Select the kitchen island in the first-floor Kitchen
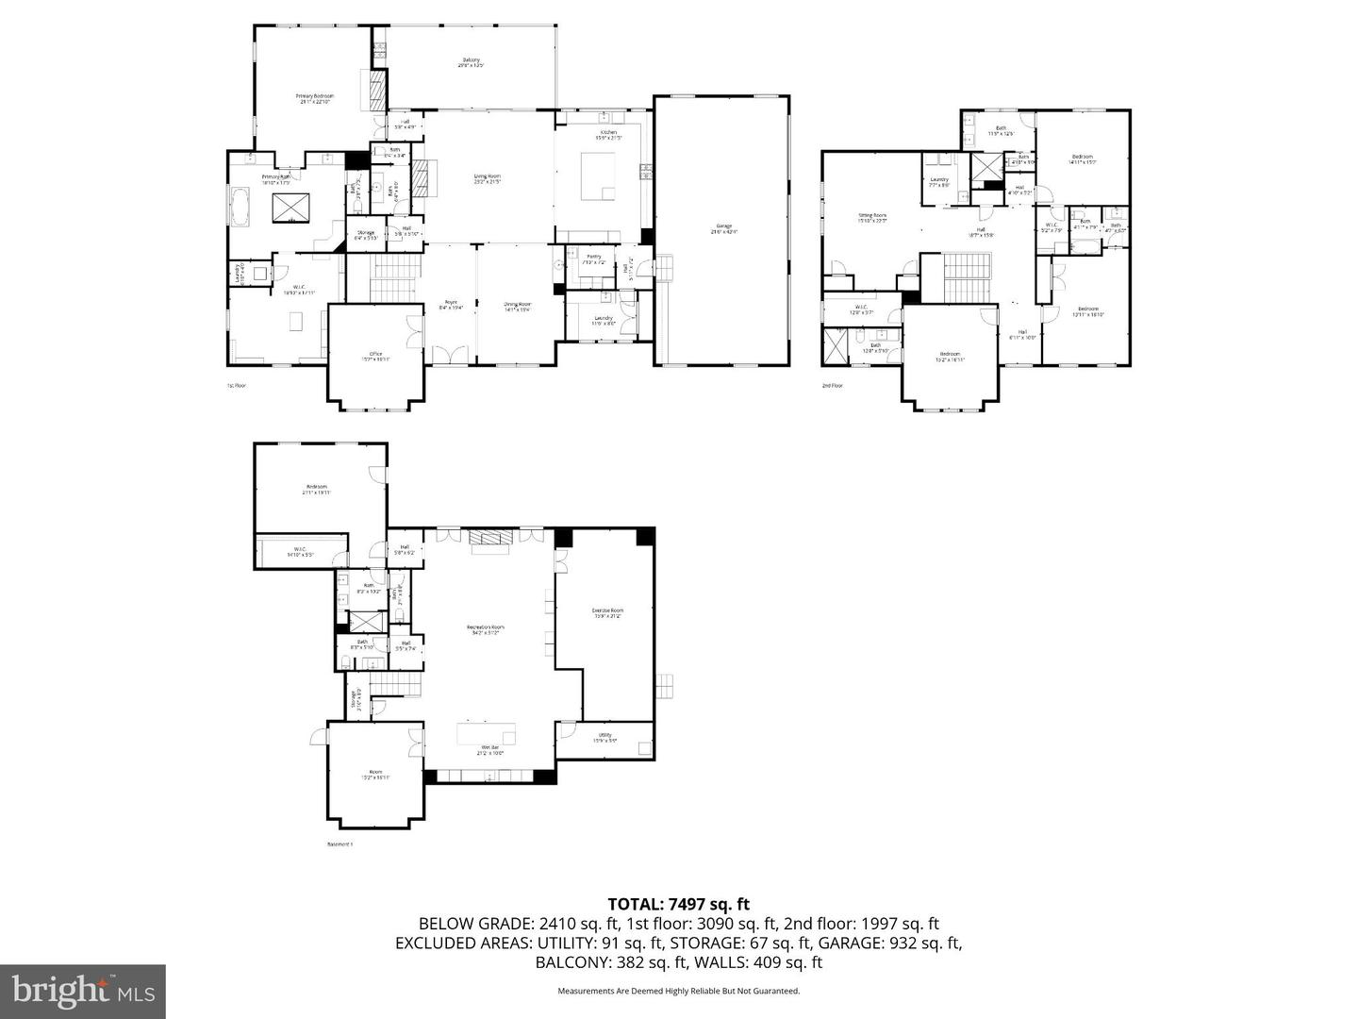597,177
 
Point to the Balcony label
470,62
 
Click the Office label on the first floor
375,356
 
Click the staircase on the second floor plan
964,277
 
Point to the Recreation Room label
486,629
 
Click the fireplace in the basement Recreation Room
489,538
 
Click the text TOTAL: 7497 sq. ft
678,904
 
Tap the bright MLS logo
82,991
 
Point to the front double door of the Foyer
449,357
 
